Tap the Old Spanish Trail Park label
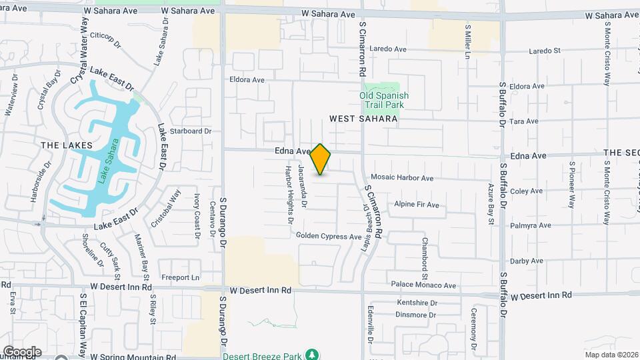(384, 100)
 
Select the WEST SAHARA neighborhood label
(363, 119)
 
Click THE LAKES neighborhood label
(61, 145)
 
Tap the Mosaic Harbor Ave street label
(402, 179)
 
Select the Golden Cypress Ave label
(329, 237)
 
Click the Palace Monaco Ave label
(423, 285)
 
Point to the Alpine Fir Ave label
(417, 205)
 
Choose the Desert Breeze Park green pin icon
(311, 353)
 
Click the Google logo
(21, 352)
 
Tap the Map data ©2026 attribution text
(610, 355)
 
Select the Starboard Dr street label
(190, 131)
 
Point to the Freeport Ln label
(181, 277)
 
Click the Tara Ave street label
(523, 121)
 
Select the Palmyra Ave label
(531, 226)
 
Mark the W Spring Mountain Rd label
(133, 357)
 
